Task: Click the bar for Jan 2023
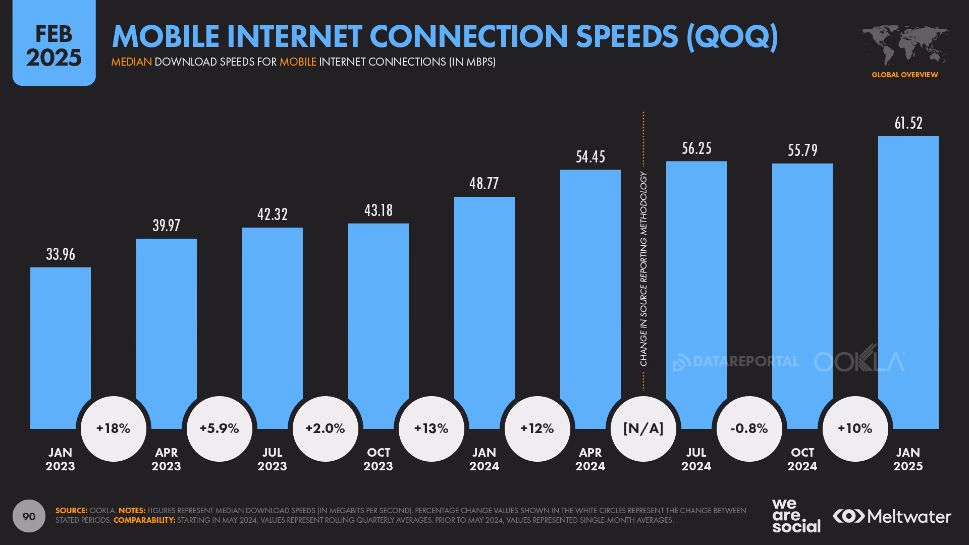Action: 61,348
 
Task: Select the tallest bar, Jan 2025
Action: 908,283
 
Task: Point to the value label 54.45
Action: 590,157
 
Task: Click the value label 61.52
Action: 908,123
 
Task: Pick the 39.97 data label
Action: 167,226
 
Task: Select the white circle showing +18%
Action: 114,429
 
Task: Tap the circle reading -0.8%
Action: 749,429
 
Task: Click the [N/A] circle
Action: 643,429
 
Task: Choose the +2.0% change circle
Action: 326,429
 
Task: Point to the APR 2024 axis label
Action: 590,459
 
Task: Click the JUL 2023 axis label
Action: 273,459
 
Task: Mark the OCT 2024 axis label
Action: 802,459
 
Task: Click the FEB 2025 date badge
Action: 54,45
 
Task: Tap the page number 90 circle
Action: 29,516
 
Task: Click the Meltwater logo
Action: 892,516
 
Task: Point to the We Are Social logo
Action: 796,516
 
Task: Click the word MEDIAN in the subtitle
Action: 131,62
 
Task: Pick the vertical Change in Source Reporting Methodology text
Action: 643,269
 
